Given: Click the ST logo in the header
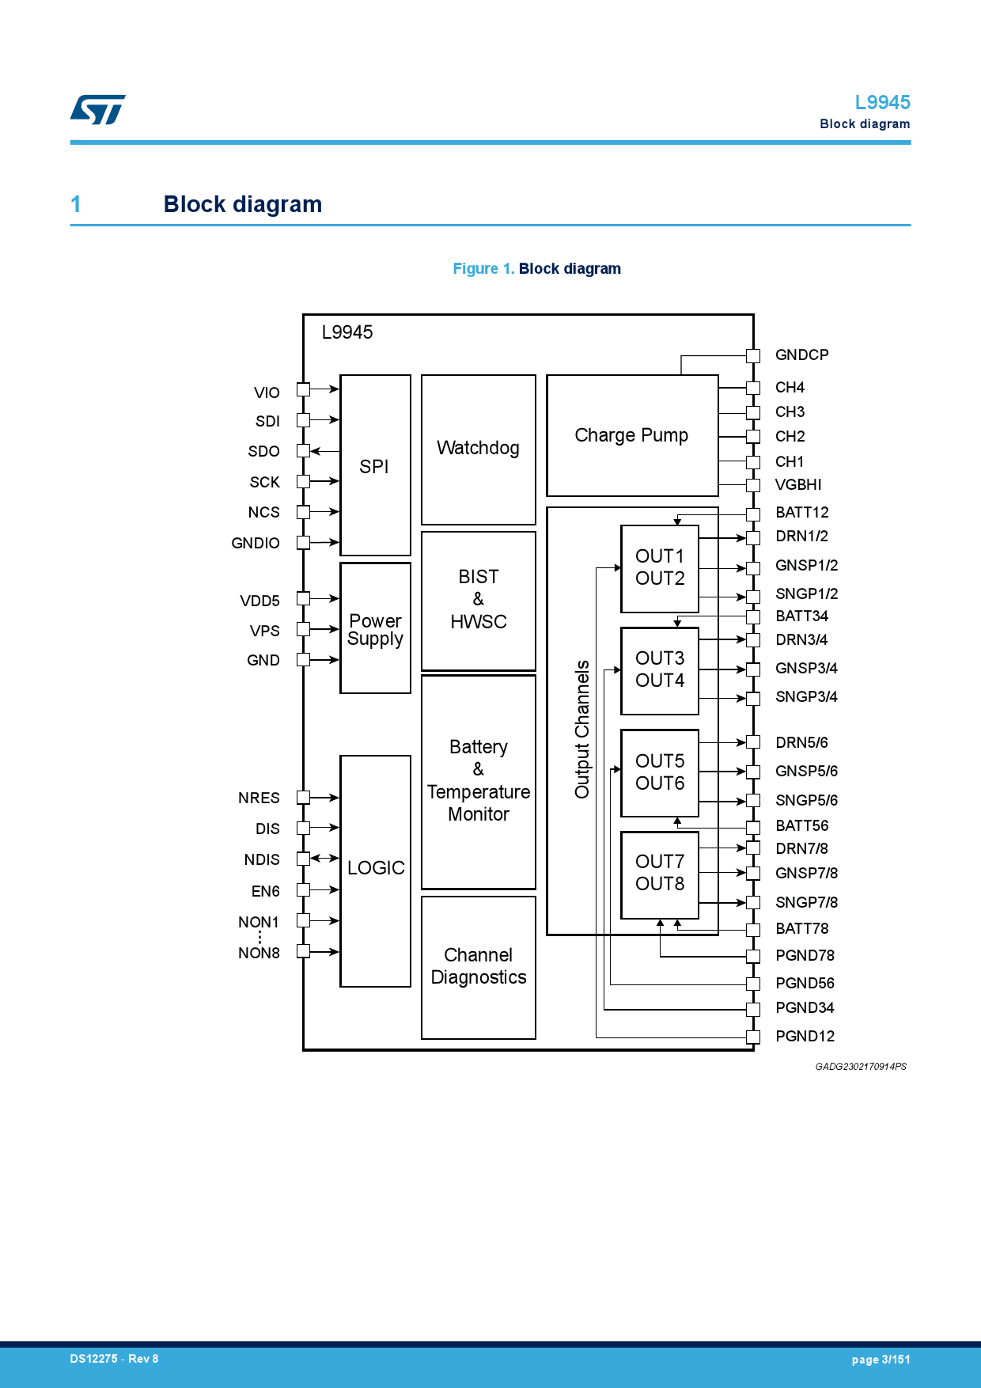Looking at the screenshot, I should click(x=98, y=109).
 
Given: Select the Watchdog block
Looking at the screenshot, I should click(x=478, y=449).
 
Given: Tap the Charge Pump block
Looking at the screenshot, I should click(x=631, y=435).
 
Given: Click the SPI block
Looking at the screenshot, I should click(x=374, y=466).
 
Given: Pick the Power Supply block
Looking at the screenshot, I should click(x=375, y=629).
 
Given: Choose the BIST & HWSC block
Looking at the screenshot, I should click(x=478, y=600).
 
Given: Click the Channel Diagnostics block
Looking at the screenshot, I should click(x=478, y=966).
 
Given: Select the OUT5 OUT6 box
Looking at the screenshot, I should click(x=660, y=772).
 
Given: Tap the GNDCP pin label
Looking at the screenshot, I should click(x=801, y=355).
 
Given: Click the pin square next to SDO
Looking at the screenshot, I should click(x=303, y=451).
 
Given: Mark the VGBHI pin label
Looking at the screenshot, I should click(x=797, y=485).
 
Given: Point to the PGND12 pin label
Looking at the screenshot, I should click(x=805, y=1037).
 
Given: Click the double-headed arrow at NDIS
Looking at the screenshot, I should click(x=324, y=859).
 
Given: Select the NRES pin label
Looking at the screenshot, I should click(x=259, y=798).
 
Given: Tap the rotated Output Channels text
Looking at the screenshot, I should click(x=582, y=729).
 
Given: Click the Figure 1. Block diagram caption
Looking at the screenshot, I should click(x=536, y=269).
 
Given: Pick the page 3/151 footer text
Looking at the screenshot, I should click(x=881, y=1360).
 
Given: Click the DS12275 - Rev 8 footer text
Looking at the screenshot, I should click(x=114, y=1359).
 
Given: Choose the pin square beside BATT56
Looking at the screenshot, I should click(x=753, y=826).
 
